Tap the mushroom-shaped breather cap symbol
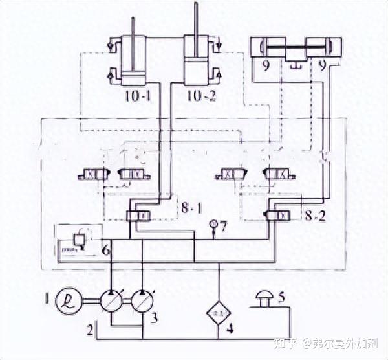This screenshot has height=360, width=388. (x=263, y=297)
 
